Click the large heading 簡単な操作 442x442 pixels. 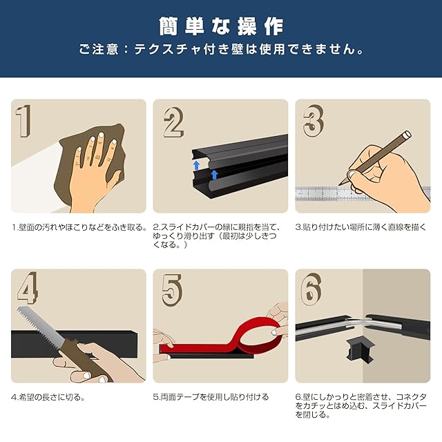click(221, 26)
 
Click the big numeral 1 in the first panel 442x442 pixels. click(23, 122)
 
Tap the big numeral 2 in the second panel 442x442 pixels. click(173, 122)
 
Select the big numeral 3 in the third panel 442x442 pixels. click(314, 121)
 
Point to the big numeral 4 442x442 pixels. click(28, 288)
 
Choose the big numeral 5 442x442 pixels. click(172, 291)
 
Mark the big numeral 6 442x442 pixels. click(311, 289)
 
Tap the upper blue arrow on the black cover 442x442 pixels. click(196, 166)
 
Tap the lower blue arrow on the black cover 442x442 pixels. click(215, 175)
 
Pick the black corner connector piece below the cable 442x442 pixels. click(360, 351)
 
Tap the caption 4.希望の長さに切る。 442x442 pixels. click(48, 398)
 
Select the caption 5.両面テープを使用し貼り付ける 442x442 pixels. click(211, 398)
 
